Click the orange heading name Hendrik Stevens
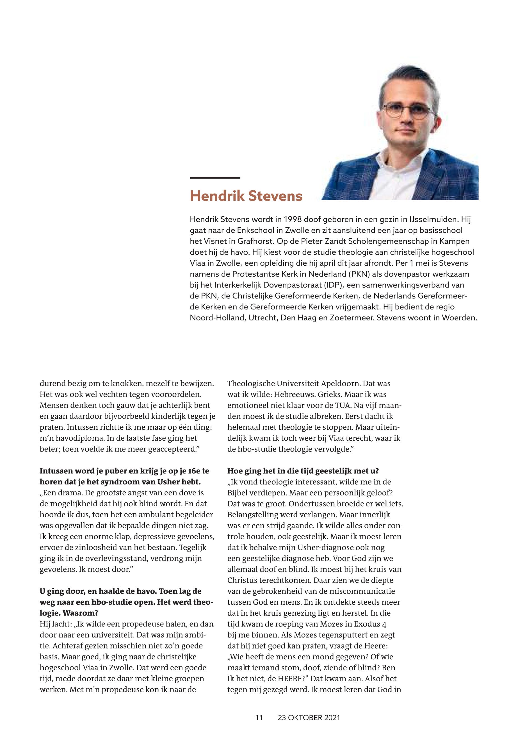pyautogui.click(x=246, y=196)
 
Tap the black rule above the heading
pyautogui.click(x=215, y=177)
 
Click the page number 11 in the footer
pyautogui.click(x=259, y=718)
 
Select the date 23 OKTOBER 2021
pyautogui.click(x=309, y=718)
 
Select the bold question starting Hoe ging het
pyautogui.click(x=303, y=471)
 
